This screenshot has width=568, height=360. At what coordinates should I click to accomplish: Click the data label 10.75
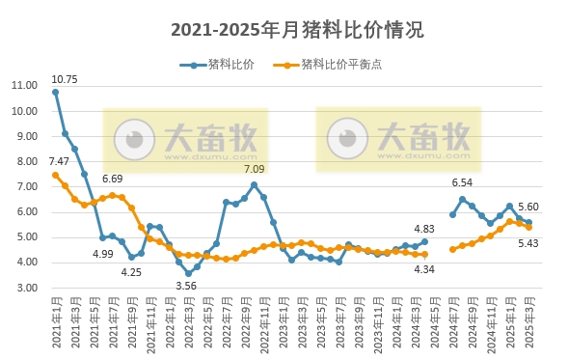(64, 79)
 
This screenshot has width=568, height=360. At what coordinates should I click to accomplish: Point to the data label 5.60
(528, 208)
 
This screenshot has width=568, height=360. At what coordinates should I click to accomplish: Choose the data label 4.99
(103, 253)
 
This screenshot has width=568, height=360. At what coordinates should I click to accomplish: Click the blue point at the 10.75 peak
(56, 92)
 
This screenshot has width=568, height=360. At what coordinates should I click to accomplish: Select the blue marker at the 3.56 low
(188, 273)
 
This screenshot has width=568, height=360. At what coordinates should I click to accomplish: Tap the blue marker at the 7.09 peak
(254, 184)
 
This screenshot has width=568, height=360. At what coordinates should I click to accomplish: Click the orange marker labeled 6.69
(112, 195)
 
